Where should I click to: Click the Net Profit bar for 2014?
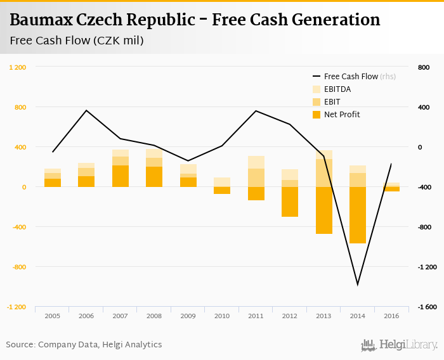tap(358, 215)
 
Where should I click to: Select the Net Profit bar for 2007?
tap(121, 176)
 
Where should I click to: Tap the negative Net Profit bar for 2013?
tap(323, 210)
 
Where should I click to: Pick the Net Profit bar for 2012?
tap(290, 202)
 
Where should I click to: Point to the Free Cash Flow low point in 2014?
tap(358, 285)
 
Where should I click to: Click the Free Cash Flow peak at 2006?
tap(87, 111)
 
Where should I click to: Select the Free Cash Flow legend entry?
tap(351, 77)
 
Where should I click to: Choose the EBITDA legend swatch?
tap(317, 89)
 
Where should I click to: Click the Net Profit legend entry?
tap(341, 115)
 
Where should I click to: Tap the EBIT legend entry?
tap(332, 102)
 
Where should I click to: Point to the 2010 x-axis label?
tap(222, 315)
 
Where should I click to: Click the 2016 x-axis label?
tap(391, 315)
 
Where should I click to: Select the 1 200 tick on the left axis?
tap(17, 67)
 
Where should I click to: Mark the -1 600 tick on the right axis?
tap(428, 307)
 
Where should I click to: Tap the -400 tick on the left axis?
tap(20, 227)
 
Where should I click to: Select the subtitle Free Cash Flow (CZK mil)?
tap(77, 41)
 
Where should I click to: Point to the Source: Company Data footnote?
tap(84, 345)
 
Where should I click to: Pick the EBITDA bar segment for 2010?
tap(222, 182)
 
